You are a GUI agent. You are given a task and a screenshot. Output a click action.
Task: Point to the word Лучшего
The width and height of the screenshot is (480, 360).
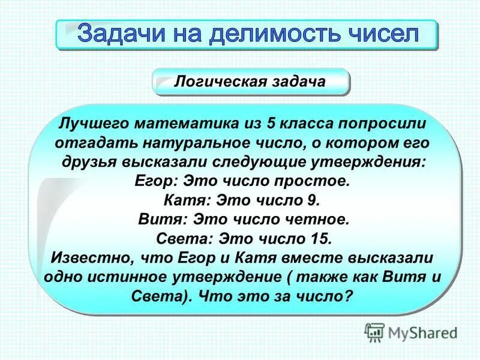tap(93, 125)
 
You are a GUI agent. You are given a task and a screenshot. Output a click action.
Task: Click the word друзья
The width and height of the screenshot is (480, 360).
tap(94, 163)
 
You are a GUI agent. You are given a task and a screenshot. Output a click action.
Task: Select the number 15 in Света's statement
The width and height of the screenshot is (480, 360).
tap(320, 239)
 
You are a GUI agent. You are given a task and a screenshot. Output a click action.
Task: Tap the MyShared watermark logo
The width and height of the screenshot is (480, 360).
tap(411, 331)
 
